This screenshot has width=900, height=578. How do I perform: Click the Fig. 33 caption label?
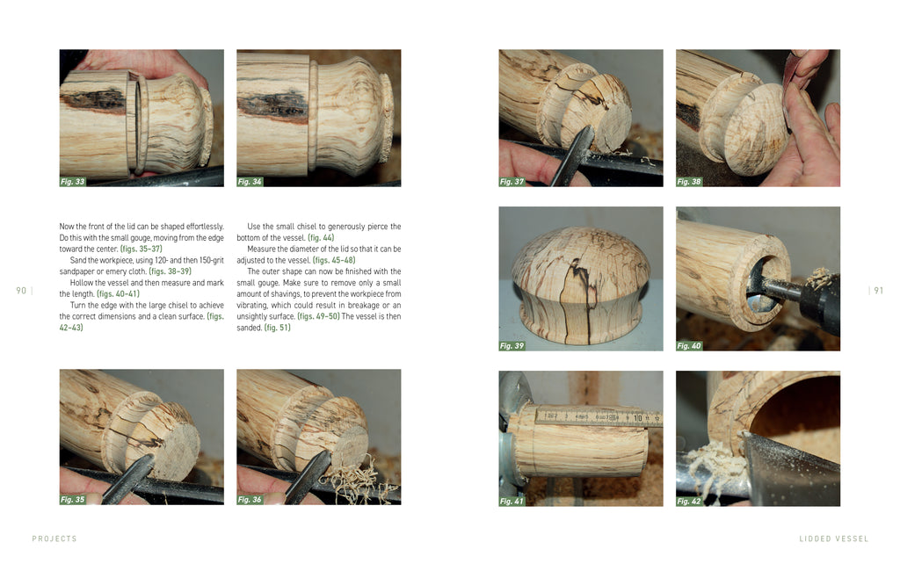[x=72, y=181]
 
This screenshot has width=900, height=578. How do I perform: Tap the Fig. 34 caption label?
[x=250, y=181]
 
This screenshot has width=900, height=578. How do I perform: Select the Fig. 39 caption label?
[x=512, y=346]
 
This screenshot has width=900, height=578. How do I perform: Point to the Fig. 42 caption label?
[x=689, y=502]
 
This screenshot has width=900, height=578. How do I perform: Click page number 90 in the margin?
[x=21, y=291]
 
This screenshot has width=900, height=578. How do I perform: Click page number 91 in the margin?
[x=878, y=291]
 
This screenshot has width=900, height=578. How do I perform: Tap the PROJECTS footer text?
[x=54, y=538]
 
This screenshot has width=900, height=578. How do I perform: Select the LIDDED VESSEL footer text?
[x=833, y=538]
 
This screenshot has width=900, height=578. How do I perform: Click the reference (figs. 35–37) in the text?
[x=142, y=249]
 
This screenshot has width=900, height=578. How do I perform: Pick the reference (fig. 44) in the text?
[x=321, y=237]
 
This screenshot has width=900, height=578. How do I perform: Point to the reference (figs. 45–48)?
[x=334, y=260]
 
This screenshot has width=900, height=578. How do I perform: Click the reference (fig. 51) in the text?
[x=277, y=328]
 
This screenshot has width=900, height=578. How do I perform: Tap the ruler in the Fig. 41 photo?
[x=598, y=417]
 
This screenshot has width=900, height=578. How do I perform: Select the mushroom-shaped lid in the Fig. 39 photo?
[x=580, y=283]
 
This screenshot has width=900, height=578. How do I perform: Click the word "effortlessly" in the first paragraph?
[x=205, y=227]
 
